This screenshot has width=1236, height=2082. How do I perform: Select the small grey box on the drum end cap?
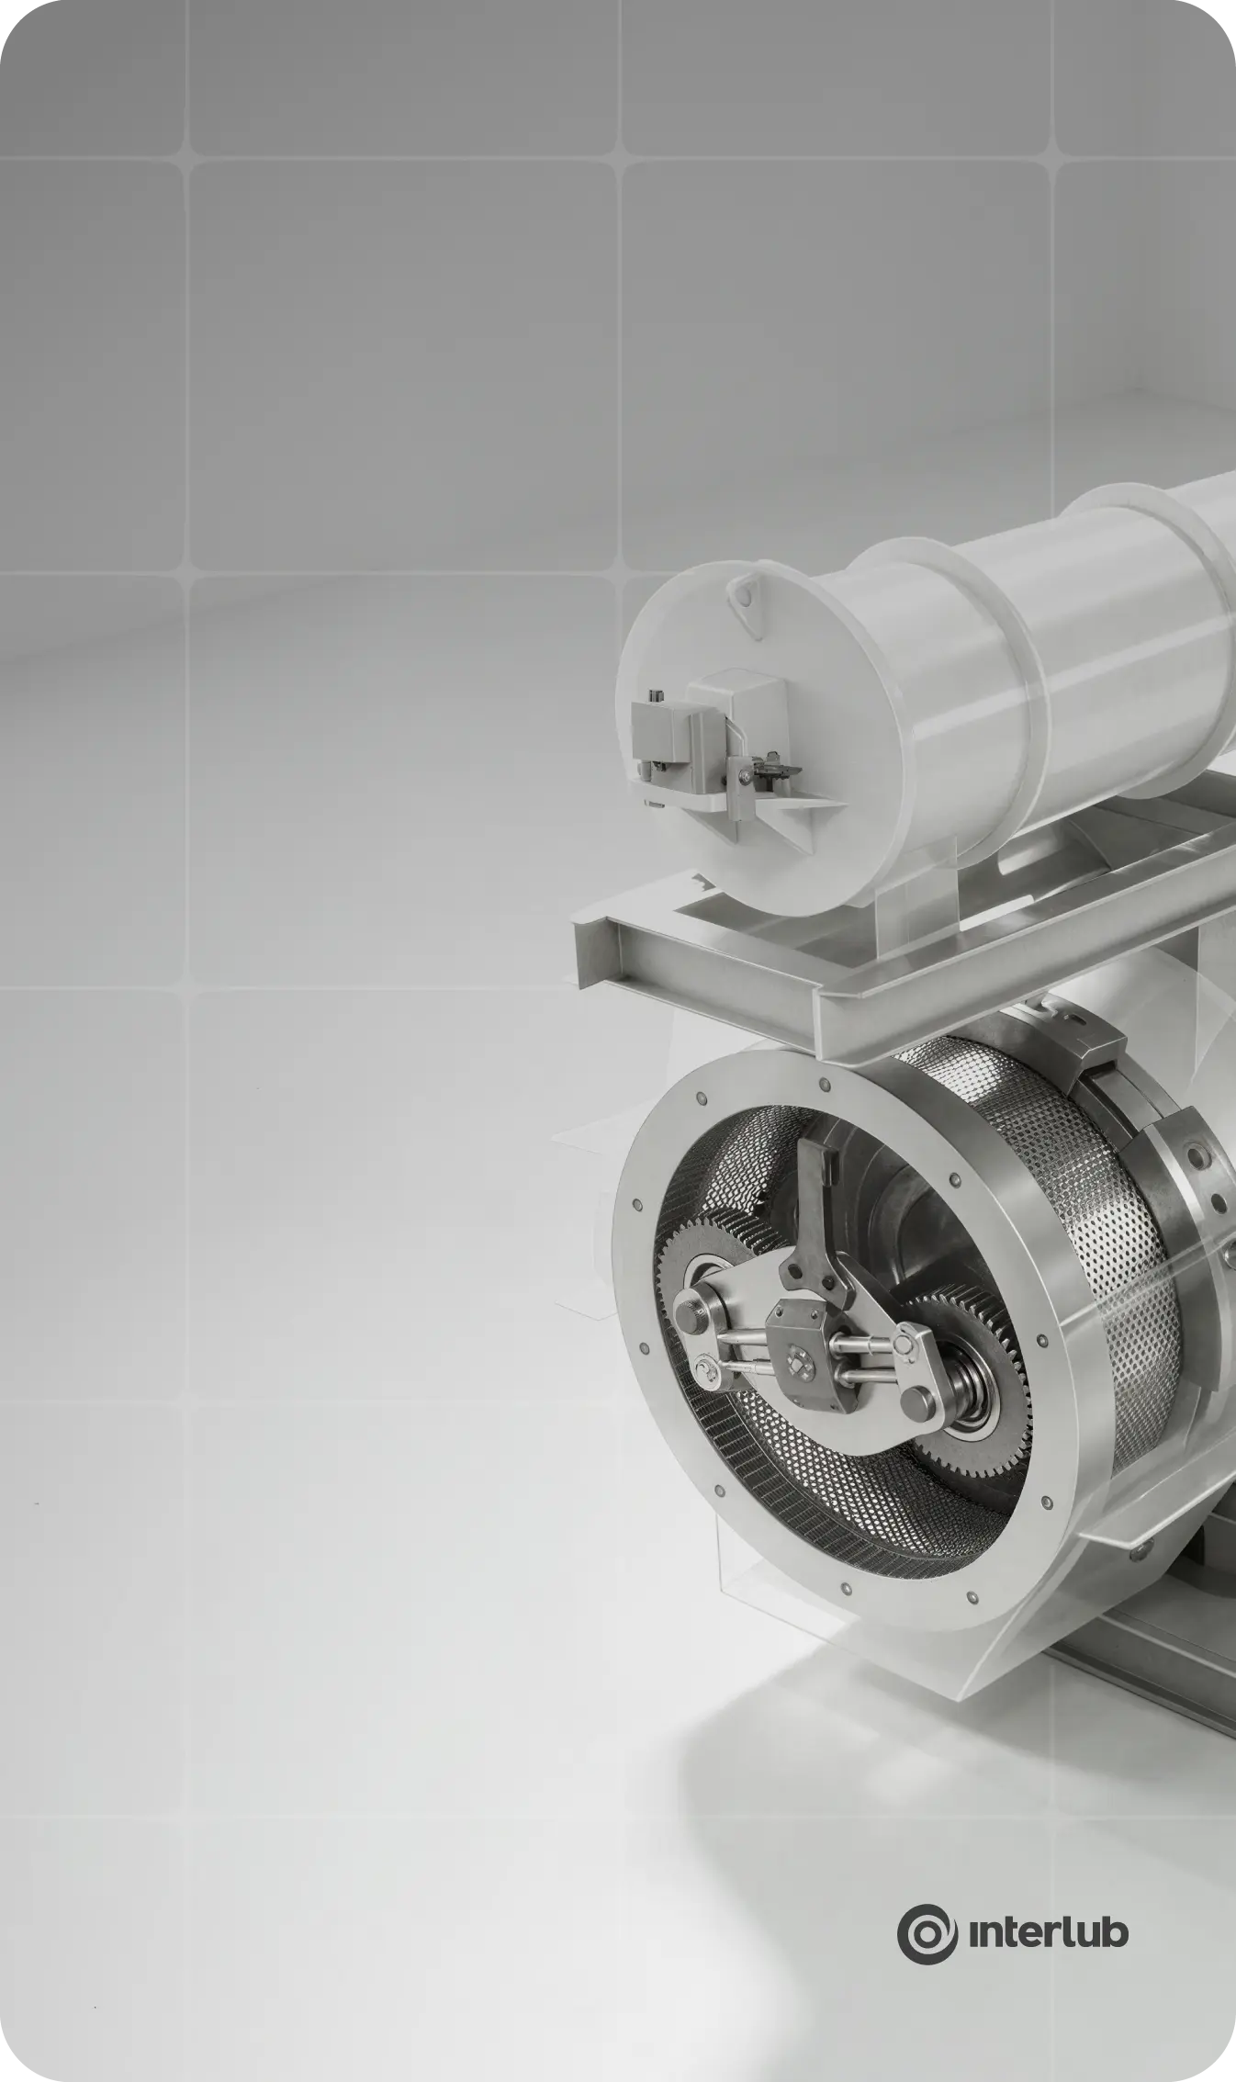(659, 731)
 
